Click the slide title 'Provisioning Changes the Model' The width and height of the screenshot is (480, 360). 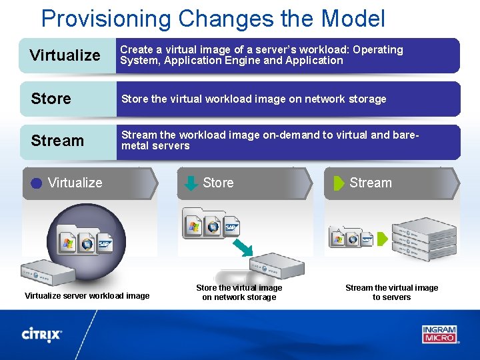[213, 18]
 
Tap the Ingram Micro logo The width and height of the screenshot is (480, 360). [439, 333]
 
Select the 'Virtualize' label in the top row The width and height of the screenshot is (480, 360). [65, 55]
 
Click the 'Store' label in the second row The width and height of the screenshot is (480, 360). [51, 99]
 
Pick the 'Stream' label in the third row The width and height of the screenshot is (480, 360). [57, 141]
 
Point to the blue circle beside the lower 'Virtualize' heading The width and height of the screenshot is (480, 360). [37, 183]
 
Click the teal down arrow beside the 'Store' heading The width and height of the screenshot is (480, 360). [191, 183]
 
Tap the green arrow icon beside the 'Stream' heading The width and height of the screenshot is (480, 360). [339, 183]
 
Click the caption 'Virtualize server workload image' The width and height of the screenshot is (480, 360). [87, 295]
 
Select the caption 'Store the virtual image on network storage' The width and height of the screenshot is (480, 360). [239, 293]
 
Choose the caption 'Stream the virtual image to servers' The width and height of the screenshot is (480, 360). [391, 293]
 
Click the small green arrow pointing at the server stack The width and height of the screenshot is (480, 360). [382, 239]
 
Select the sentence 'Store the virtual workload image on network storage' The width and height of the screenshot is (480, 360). [253, 99]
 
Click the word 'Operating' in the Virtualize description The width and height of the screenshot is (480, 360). [378, 50]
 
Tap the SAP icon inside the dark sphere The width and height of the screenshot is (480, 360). [105, 244]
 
